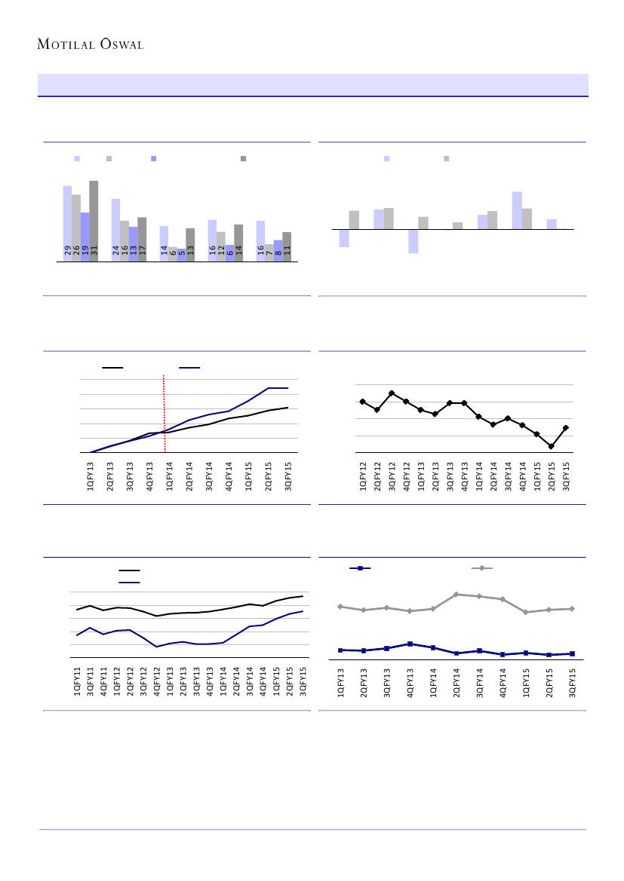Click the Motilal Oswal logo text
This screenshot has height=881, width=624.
[x=91, y=44]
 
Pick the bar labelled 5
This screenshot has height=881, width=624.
[x=181, y=255]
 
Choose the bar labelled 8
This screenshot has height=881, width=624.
[x=278, y=250]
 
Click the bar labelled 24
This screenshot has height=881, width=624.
[x=115, y=230]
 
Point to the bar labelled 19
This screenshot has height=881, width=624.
[x=85, y=237]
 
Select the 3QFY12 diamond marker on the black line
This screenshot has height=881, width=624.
[x=392, y=393]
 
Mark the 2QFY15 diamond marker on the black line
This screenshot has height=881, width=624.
[x=552, y=446]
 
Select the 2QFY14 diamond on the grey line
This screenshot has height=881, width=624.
[x=456, y=594]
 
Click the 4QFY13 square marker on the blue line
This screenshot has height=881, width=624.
[x=410, y=644]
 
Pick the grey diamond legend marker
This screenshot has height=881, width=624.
[x=481, y=567]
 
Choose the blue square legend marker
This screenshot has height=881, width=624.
[x=360, y=567]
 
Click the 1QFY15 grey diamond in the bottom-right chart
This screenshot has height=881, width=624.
[x=526, y=612]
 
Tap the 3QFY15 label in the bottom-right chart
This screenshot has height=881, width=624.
[x=572, y=680]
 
